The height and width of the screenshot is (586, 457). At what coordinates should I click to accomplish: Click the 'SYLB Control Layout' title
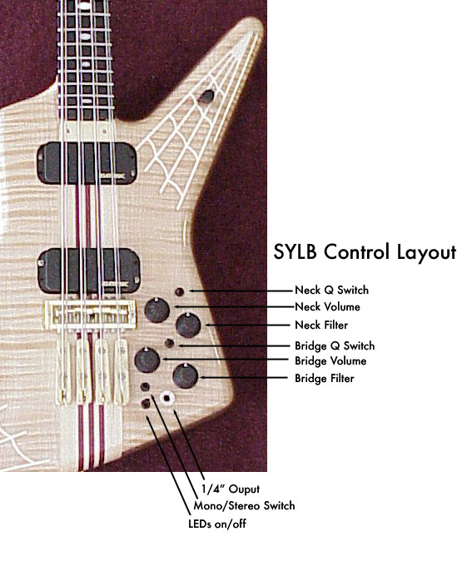(x=365, y=252)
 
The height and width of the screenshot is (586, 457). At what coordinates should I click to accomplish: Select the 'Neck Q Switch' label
(x=331, y=290)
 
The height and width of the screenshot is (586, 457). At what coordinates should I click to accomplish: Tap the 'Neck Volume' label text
(x=327, y=307)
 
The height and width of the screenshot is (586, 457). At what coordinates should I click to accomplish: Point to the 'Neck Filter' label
(x=321, y=325)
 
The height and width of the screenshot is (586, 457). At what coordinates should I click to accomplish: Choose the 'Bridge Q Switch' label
(x=335, y=345)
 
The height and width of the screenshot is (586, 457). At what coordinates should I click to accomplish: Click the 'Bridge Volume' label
(x=330, y=361)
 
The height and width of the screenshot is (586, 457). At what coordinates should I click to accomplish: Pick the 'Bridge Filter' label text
(x=324, y=378)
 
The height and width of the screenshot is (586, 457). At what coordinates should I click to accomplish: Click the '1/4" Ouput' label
(x=231, y=489)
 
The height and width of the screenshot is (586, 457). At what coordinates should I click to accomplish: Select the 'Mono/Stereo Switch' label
(x=244, y=505)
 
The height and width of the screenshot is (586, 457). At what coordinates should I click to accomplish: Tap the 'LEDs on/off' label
(x=217, y=524)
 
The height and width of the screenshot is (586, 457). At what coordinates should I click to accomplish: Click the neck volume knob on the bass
(x=157, y=310)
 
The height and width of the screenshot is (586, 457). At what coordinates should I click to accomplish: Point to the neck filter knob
(x=188, y=325)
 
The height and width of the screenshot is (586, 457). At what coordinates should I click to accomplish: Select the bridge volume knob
(x=147, y=360)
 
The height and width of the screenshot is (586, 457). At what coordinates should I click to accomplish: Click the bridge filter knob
(x=186, y=375)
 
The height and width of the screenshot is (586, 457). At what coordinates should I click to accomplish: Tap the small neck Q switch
(x=180, y=292)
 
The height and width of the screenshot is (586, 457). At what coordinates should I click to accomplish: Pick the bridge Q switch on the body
(x=170, y=343)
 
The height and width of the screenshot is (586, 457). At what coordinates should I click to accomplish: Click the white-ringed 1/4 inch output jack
(x=166, y=398)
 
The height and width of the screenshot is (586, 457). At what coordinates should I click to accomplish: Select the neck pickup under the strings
(x=87, y=163)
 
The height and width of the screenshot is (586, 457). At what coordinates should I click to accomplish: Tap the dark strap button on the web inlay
(x=206, y=97)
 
